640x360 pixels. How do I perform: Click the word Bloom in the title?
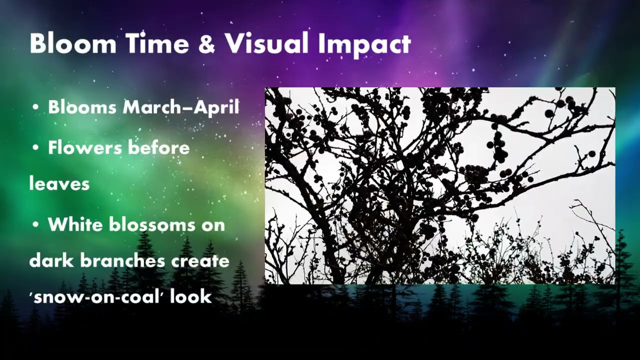tap(73, 44)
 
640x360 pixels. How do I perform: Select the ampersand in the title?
tap(206, 44)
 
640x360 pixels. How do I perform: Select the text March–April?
tap(181, 107)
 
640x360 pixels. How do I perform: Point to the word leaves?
tap(59, 184)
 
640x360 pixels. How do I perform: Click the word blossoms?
tap(151, 224)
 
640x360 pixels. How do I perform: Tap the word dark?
tap(50, 260)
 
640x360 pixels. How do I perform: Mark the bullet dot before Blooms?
tap(35, 108)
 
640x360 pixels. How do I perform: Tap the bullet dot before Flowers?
tap(35, 148)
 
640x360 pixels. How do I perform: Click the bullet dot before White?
tap(35, 225)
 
